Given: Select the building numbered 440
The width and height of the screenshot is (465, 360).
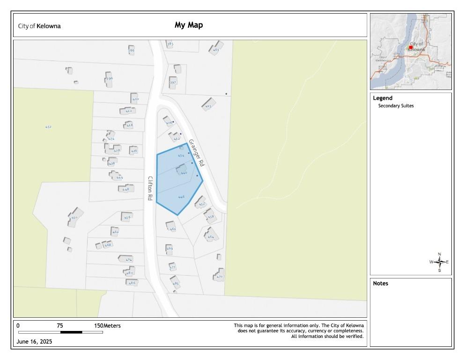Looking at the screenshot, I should (182, 171).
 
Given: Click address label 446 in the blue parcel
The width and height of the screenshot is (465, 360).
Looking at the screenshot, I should (181, 197).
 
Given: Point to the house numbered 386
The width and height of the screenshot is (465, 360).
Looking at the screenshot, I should (131, 50).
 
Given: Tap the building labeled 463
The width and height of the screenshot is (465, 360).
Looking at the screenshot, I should (216, 49).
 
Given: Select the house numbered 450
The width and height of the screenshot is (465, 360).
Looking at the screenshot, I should (74, 217).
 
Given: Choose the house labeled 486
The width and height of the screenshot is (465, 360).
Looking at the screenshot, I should (132, 283).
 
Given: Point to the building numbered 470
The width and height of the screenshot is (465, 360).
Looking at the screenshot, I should (219, 274).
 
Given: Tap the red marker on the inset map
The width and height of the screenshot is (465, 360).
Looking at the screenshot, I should (411, 47).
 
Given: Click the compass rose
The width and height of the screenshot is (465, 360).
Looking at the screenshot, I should (439, 262).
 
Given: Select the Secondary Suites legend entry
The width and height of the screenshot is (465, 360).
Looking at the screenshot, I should (396, 106).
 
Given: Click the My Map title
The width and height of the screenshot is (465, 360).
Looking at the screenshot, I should (189, 25).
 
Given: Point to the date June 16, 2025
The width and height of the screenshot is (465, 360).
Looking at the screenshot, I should (34, 342).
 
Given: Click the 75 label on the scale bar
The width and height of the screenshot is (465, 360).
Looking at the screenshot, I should (60, 326).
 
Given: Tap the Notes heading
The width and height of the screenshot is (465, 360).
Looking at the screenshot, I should (380, 284).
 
